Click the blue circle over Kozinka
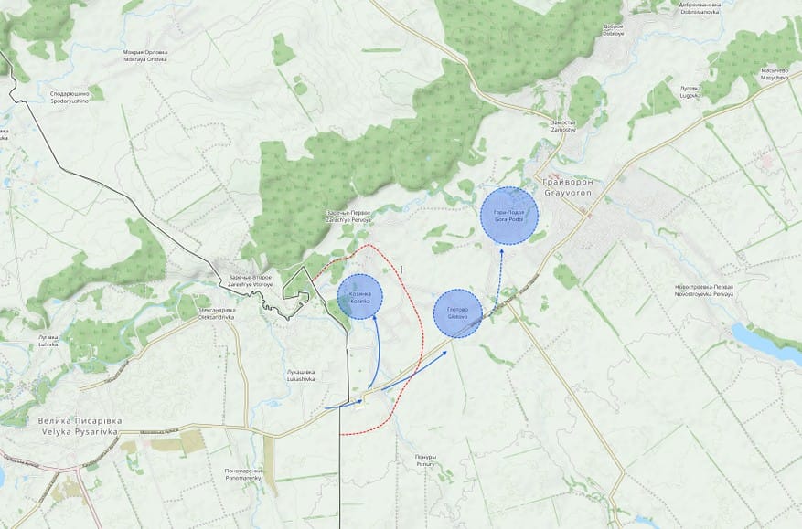tap(359, 296)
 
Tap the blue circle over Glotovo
tap(457, 313)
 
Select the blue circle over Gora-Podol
tap(509, 216)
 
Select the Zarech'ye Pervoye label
tap(348, 217)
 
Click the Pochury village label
tap(425, 460)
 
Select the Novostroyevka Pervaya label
tap(705, 290)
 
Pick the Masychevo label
tap(775, 74)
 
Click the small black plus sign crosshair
tap(401, 269)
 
